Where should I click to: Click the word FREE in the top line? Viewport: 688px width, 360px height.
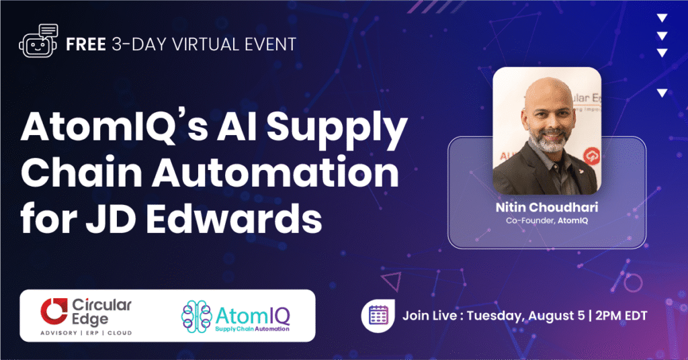point(85,45)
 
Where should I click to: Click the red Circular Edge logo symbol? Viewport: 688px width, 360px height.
point(54,310)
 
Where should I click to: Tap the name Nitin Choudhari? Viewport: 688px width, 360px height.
point(546,208)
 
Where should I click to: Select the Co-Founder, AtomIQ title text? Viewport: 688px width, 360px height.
point(546,220)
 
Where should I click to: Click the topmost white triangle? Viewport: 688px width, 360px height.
point(662,18)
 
